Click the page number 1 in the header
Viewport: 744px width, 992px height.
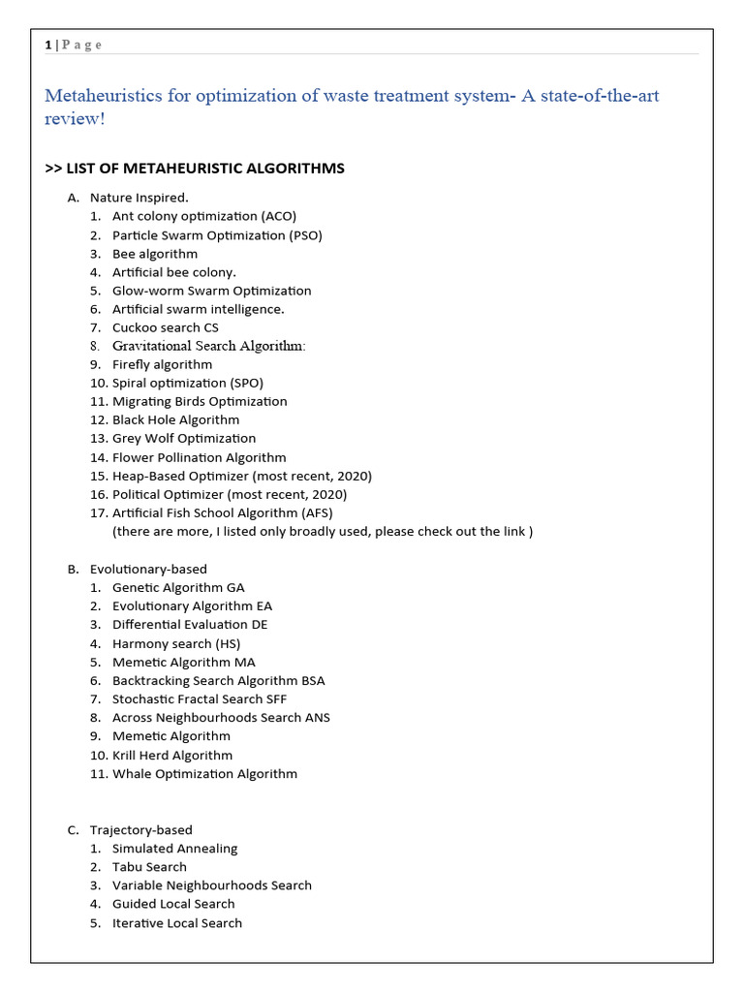[47, 45]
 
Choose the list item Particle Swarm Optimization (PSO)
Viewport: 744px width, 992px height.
[217, 234]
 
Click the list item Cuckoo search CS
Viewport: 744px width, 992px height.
[165, 327]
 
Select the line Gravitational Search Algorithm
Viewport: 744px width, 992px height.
[208, 346]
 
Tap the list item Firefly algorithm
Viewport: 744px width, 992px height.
[162, 364]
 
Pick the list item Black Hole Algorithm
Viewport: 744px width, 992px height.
[175, 419]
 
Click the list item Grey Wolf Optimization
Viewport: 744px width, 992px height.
[184, 438]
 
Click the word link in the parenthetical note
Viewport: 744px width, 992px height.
[514, 531]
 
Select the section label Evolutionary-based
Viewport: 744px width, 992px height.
[148, 569]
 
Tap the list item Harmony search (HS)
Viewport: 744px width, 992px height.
[176, 643]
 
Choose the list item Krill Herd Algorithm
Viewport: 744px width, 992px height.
[172, 755]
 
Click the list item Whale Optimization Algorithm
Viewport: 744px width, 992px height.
[204, 773]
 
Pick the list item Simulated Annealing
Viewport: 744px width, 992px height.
[174, 848]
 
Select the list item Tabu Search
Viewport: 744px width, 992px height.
[149, 866]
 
